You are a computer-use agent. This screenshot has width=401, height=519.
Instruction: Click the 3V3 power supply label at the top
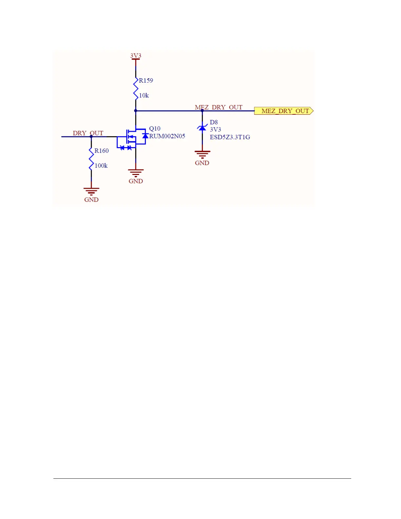136,56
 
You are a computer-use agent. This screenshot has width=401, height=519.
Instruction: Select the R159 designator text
146,81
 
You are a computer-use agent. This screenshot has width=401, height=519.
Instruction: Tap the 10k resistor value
144,96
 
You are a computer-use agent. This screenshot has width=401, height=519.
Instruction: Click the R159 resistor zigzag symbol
136,88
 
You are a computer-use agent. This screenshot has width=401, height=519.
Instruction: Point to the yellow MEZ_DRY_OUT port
284,111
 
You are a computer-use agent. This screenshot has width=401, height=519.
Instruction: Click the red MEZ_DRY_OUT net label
219,107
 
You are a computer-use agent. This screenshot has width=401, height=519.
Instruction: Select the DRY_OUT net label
88,133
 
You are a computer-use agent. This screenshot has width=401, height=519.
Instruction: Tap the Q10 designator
155,129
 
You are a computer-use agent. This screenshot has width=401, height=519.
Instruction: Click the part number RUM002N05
167,136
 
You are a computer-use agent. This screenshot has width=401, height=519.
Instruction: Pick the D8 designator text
214,122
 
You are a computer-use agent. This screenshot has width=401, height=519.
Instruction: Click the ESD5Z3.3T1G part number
230,137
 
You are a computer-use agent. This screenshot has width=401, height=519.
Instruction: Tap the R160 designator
102,151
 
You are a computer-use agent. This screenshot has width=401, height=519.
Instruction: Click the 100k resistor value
101,166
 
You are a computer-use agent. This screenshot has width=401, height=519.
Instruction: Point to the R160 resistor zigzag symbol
91,158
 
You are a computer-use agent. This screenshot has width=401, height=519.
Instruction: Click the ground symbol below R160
91,191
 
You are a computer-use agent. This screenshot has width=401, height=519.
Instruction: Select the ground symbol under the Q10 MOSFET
136,173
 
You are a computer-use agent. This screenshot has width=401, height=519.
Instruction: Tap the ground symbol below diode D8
202,154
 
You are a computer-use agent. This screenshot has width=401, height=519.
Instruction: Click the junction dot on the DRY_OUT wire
91,137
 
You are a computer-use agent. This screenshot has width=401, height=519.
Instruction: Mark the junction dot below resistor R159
136,111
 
